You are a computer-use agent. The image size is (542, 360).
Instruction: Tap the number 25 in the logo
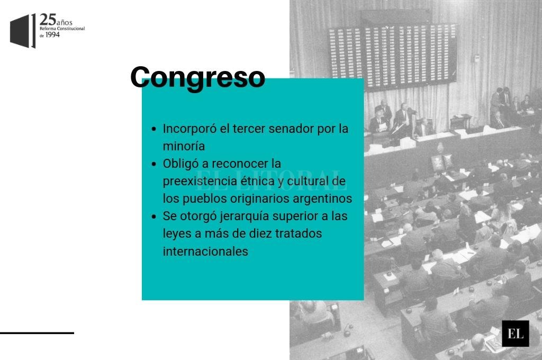click(47, 20)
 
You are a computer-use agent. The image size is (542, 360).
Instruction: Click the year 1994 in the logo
click(52, 34)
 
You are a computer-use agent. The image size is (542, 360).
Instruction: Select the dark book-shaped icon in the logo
click(23, 31)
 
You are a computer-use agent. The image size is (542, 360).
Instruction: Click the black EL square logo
click(516, 334)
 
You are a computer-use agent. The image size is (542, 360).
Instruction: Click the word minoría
click(184, 146)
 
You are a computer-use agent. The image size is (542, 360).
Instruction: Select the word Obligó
click(180, 164)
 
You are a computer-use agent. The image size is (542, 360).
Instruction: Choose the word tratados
click(299, 233)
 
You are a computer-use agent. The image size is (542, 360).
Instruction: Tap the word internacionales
click(205, 251)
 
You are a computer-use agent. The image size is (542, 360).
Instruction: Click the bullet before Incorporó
click(154, 129)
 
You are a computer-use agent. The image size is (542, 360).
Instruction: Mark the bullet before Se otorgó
click(154, 217)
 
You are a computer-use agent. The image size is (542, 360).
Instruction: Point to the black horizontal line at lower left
click(37, 333)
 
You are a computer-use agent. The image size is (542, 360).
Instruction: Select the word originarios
click(260, 199)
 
